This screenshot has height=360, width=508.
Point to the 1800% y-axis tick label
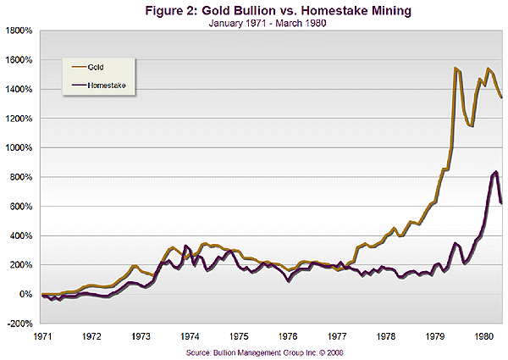[19, 30]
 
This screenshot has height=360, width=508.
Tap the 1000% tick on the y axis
[19, 147]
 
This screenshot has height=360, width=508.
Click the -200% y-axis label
[19, 324]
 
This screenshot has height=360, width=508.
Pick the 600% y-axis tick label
[20, 207]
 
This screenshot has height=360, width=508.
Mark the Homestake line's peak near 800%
[495, 173]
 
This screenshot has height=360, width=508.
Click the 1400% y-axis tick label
[19, 89]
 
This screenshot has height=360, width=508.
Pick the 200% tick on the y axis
[20, 265]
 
